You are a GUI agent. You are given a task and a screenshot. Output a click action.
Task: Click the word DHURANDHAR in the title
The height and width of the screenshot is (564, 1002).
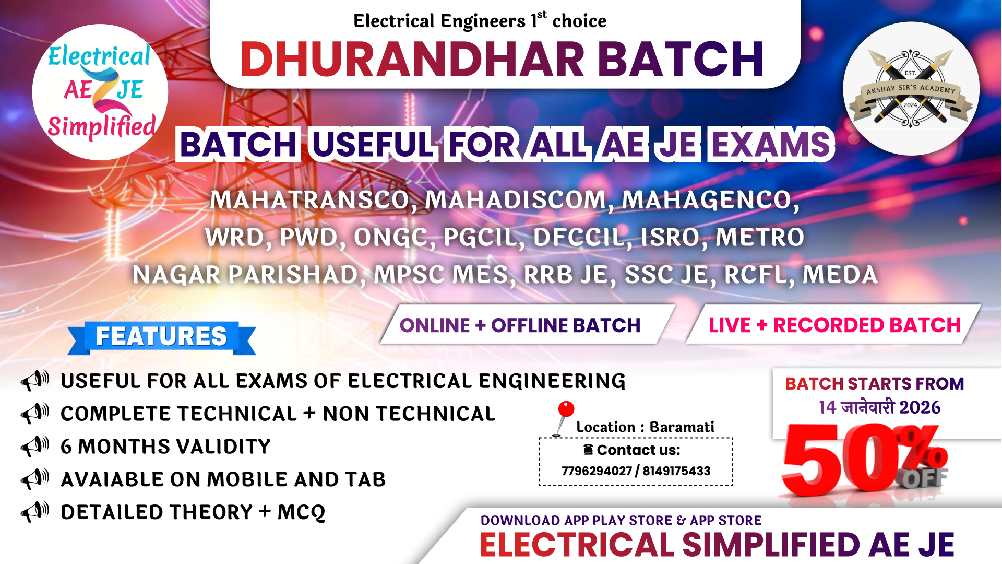click(x=412, y=59)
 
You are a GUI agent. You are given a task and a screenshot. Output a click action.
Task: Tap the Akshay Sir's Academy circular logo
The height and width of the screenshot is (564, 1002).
click(x=911, y=89)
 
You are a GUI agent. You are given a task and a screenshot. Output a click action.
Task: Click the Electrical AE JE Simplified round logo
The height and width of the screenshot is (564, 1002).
click(x=100, y=92)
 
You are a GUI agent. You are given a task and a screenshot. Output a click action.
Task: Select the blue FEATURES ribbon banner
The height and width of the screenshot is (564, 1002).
click(x=161, y=337)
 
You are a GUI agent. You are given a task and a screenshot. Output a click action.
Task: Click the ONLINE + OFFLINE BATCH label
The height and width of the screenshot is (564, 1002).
click(x=520, y=325)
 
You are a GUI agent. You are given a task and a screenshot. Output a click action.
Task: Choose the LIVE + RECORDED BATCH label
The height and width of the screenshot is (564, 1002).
click(x=834, y=325)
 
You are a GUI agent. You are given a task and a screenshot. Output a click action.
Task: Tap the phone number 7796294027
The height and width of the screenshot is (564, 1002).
click(x=597, y=471)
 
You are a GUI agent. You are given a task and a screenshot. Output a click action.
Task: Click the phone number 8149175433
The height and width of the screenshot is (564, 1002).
click(x=676, y=471)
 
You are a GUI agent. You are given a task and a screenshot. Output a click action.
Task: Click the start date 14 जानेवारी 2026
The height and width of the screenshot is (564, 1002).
click(x=879, y=407)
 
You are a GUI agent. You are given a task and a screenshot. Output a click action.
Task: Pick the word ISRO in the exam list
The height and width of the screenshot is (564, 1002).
click(x=670, y=238)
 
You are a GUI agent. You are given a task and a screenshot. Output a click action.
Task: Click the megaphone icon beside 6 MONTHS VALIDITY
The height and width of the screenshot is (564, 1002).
click(x=35, y=446)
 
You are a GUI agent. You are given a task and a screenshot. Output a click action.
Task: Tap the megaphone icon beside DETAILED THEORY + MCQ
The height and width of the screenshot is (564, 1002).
click(x=35, y=512)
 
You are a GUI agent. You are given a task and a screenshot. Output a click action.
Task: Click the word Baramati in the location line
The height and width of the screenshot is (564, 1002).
click(x=682, y=427)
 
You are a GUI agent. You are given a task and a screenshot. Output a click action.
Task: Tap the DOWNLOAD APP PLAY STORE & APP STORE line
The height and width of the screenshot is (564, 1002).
click(x=621, y=521)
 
